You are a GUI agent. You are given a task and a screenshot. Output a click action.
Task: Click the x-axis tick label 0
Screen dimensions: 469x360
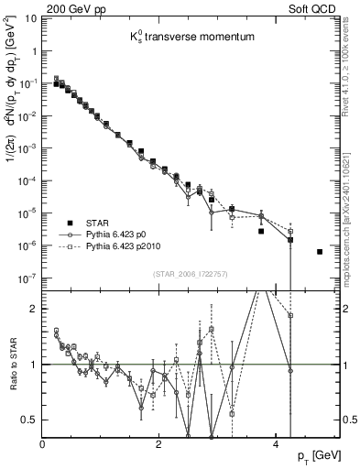42,443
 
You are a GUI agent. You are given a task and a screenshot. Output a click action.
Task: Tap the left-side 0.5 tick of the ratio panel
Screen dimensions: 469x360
31,420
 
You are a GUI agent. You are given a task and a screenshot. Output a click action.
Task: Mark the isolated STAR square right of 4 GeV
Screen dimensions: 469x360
320,251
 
